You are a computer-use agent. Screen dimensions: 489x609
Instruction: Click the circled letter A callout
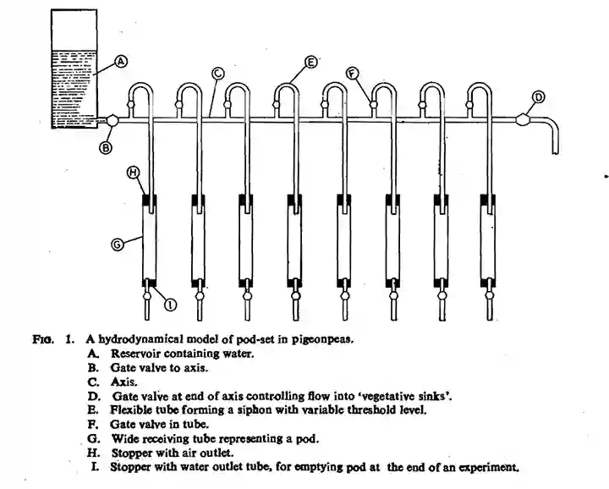(x=121, y=61)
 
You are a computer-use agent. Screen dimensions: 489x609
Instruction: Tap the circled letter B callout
(x=107, y=147)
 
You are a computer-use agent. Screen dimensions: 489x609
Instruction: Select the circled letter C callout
(x=217, y=74)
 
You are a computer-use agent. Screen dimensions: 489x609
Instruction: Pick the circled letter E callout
(x=310, y=62)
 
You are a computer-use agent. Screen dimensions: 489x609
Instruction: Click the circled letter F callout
(x=353, y=74)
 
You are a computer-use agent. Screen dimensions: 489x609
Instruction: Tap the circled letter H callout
(x=132, y=172)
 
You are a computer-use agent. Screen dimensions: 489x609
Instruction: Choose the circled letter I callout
(x=171, y=303)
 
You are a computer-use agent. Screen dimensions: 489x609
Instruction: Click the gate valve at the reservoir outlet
(x=109, y=122)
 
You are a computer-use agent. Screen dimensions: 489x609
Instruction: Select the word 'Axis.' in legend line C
(x=124, y=382)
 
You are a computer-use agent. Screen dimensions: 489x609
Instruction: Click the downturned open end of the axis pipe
(x=556, y=148)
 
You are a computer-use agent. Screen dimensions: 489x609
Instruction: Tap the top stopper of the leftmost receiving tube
(x=151, y=201)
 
